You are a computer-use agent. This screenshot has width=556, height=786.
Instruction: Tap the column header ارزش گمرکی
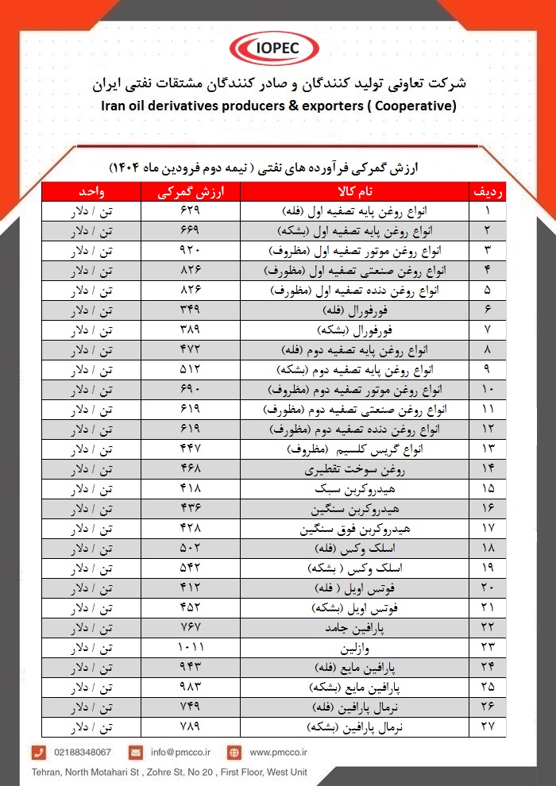189,191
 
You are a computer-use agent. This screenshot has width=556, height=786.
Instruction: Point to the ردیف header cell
488,191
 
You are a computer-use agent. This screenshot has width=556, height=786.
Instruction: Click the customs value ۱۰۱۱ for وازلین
189,647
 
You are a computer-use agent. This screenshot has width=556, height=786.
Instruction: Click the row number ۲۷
488,726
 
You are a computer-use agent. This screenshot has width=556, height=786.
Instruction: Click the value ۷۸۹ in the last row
189,726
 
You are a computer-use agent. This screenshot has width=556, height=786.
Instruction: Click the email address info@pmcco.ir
181,752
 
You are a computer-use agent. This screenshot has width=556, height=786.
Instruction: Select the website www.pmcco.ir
278,752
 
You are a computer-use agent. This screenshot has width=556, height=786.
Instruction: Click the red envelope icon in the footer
136,752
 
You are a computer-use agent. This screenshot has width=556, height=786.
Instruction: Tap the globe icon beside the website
234,752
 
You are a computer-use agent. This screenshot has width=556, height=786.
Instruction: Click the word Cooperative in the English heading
411,106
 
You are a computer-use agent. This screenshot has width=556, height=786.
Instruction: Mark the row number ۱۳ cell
488,449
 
